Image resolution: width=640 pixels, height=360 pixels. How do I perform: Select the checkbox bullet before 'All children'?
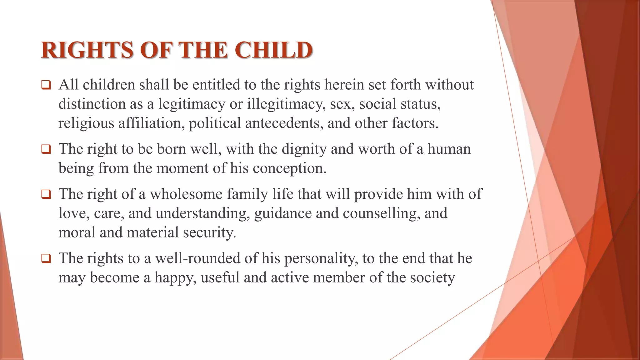pyautogui.click(x=46, y=85)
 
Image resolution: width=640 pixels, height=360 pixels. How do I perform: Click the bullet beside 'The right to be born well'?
pyautogui.click(x=46, y=149)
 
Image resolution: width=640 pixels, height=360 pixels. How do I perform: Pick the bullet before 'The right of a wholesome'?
pyautogui.click(x=46, y=194)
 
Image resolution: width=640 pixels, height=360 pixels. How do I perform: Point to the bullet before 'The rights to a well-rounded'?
pyautogui.click(x=46, y=258)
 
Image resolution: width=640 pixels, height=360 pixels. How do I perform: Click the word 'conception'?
pyautogui.click(x=287, y=168)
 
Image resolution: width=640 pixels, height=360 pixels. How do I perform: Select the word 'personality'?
pyautogui.click(x=320, y=259)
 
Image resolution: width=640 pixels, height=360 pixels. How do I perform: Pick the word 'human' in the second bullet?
pyautogui.click(x=449, y=149)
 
